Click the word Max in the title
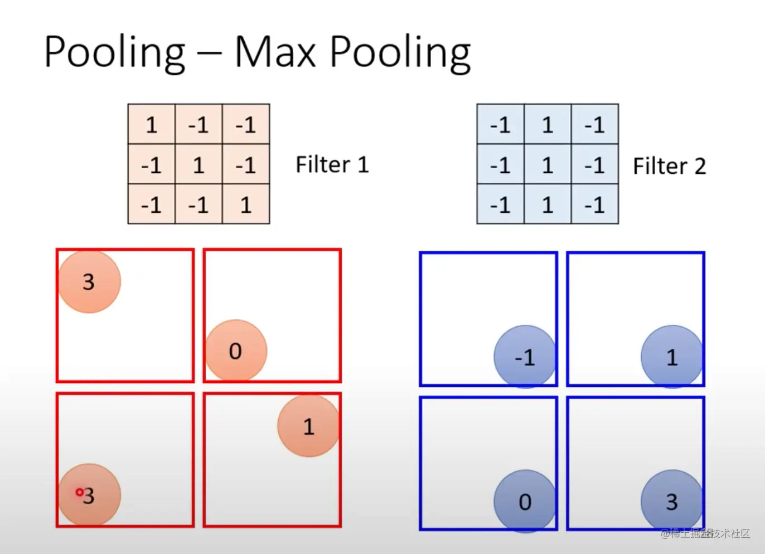coord(275,51)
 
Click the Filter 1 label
coord(332,165)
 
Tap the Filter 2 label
coord(669,166)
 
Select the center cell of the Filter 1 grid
coord(198,165)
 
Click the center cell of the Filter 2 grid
coord(548,165)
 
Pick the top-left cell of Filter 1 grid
coord(152,125)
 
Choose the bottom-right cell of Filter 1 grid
coord(245,205)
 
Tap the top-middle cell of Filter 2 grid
coord(548,125)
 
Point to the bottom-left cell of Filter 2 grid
coord(500,205)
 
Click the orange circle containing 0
coord(236,351)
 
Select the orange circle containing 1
coord(308,426)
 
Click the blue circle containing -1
coord(525,357)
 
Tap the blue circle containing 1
coord(672,357)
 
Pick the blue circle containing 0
coord(525,502)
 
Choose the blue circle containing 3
coord(672,502)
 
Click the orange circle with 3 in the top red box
coord(89,281)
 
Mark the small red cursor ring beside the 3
coord(79,492)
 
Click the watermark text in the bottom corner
coord(705,533)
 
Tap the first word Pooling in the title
coord(114,52)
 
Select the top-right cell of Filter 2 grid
coord(595,125)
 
